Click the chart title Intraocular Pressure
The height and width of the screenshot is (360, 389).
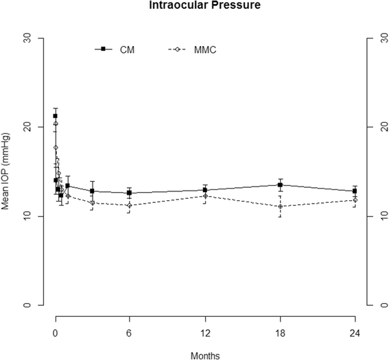coord(194,7)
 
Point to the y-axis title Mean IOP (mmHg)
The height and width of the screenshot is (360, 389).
coord(8,171)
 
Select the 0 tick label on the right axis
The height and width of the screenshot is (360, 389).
coord(374,305)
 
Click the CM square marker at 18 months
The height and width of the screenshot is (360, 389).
coord(280,185)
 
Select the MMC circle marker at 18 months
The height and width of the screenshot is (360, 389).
coord(280,206)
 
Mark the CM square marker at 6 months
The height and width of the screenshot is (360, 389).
coord(130,193)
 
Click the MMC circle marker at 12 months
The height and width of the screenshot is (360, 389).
coord(204,196)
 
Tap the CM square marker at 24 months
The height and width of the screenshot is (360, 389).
coord(355,191)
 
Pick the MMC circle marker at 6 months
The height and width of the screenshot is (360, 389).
coord(130,206)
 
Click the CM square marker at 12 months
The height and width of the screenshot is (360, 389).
coord(204,190)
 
